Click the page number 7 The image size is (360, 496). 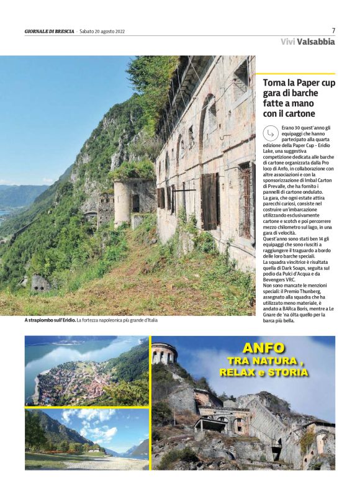[x=333, y=30]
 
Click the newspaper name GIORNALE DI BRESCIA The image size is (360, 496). [x=49, y=32]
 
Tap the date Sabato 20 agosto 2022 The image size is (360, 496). [x=102, y=32]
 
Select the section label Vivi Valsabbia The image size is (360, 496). [x=307, y=42]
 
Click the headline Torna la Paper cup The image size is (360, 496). [x=299, y=83]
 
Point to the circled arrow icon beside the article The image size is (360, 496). [x=271, y=133]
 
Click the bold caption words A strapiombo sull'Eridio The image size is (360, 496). [x=50, y=320]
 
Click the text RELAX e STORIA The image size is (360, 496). [x=263, y=372]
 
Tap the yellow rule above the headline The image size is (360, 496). [x=299, y=73]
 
